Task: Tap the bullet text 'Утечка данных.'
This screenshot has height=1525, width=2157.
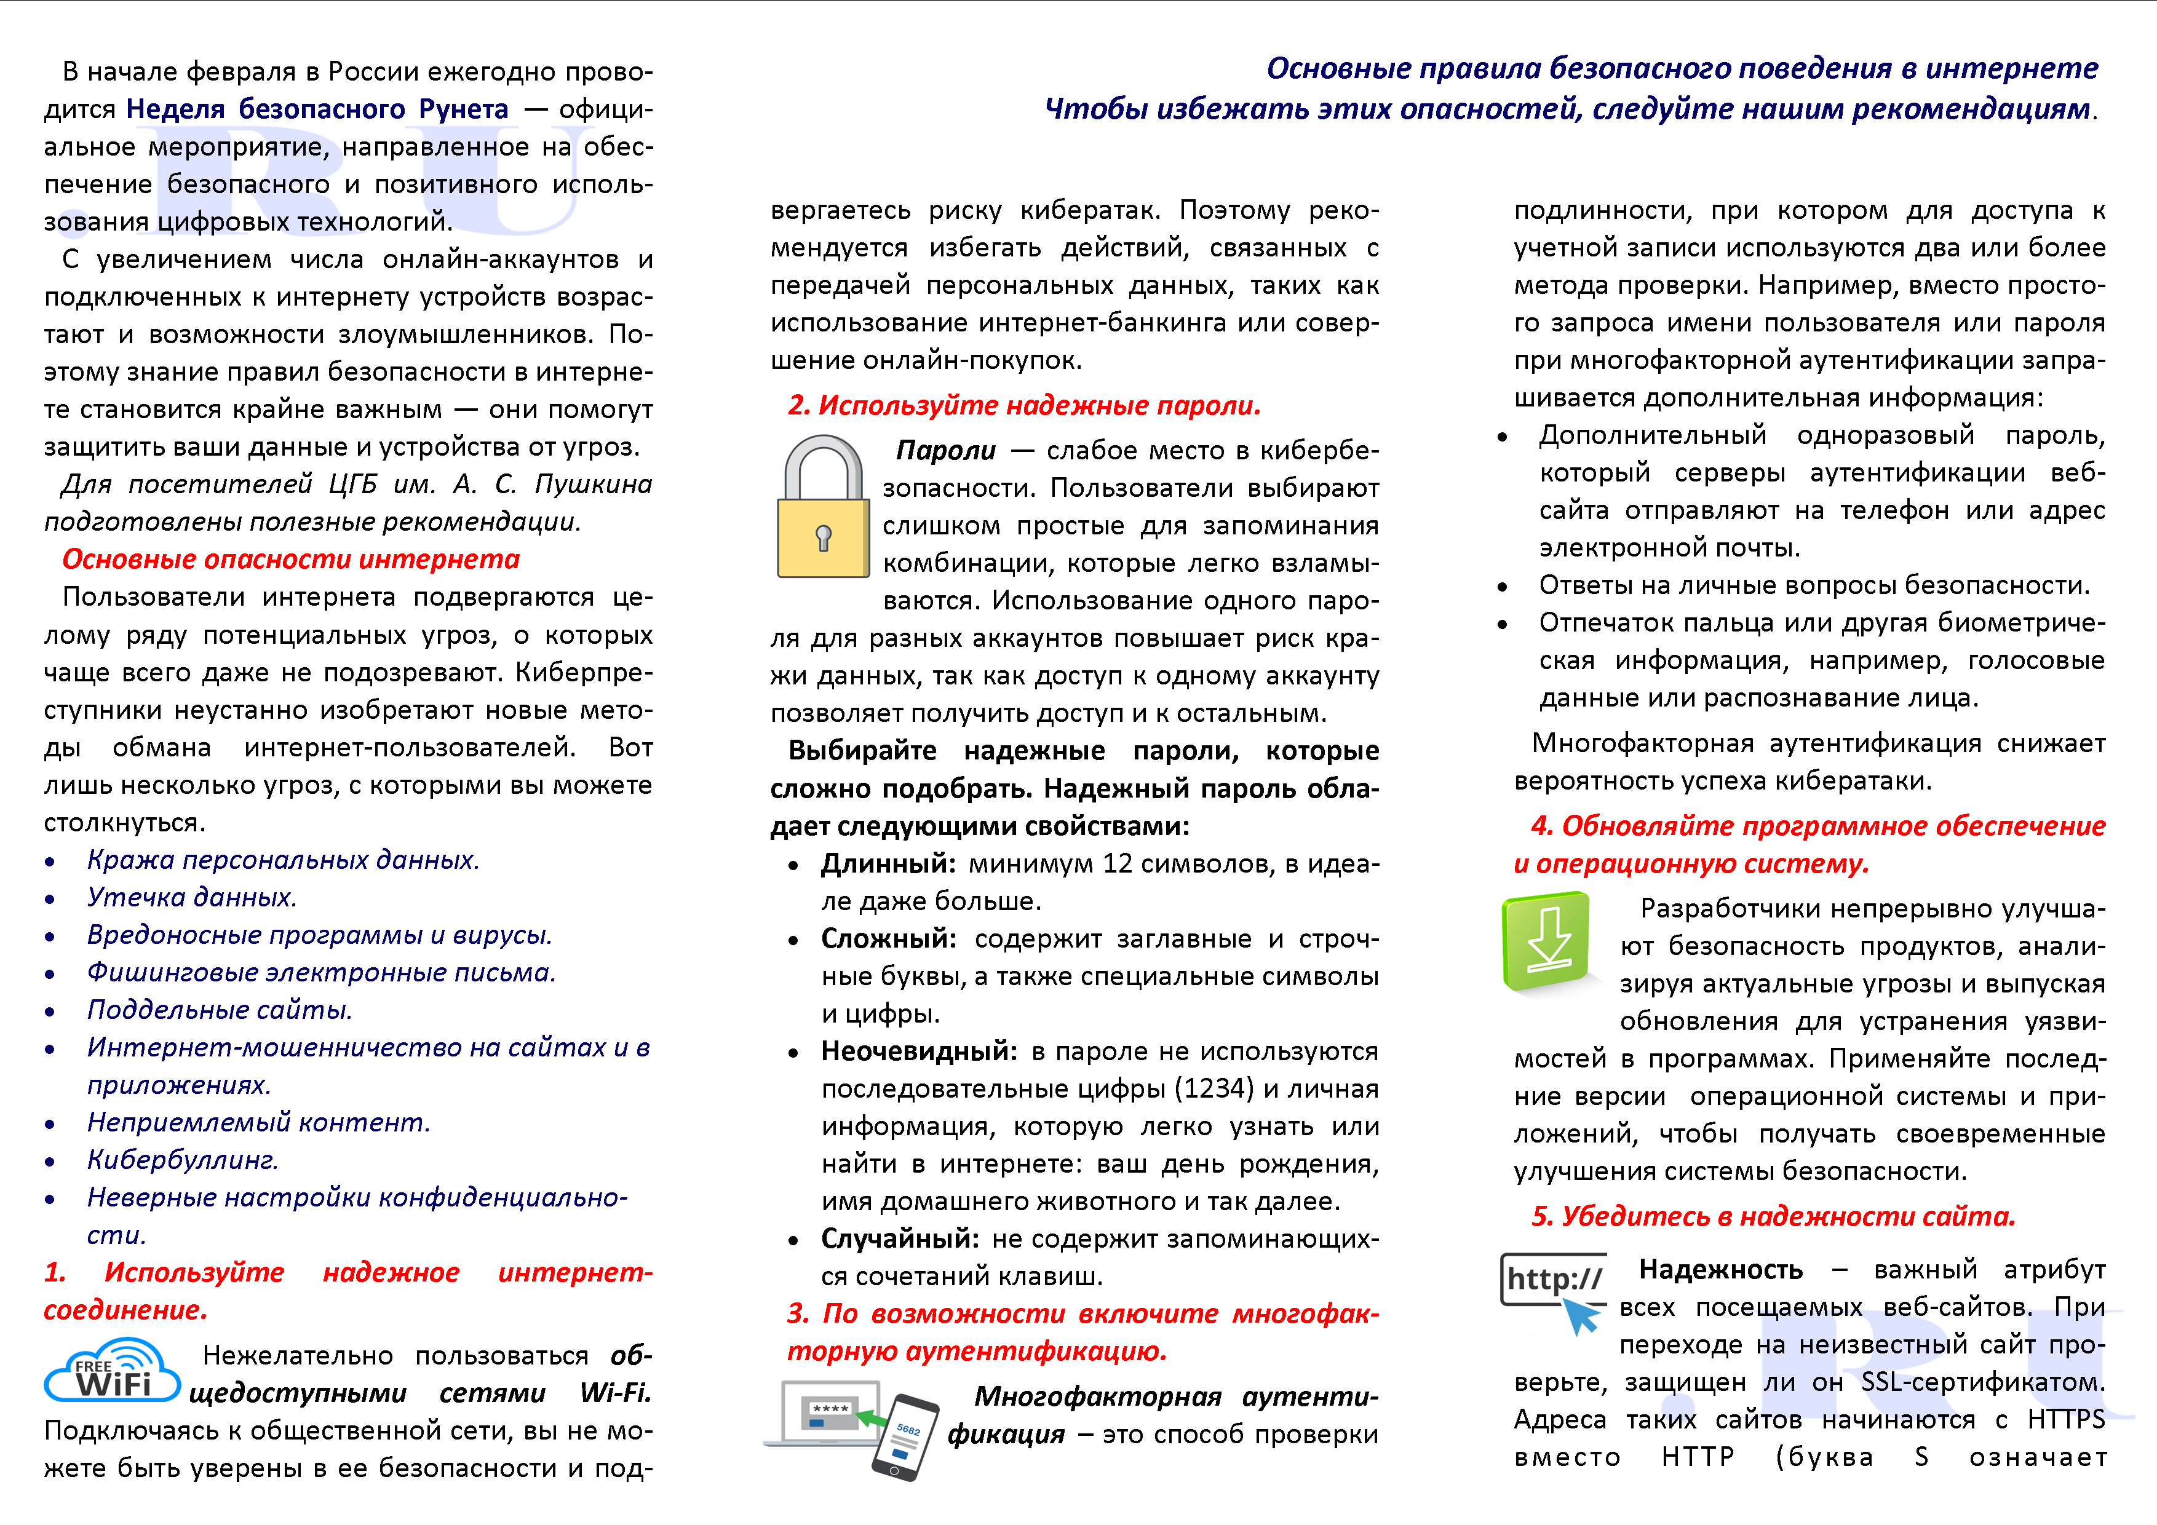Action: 192,898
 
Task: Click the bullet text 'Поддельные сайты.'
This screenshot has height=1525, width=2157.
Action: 219,1010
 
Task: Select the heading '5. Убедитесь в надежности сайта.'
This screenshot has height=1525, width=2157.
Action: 1773,1217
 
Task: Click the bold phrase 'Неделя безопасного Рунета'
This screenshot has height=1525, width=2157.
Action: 317,110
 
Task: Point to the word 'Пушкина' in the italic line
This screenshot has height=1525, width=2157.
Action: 593,485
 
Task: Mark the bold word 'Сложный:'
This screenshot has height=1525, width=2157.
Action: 888,939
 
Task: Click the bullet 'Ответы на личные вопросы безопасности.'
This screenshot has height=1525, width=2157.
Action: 1813,586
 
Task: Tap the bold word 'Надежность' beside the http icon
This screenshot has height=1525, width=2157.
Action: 1720,1270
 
